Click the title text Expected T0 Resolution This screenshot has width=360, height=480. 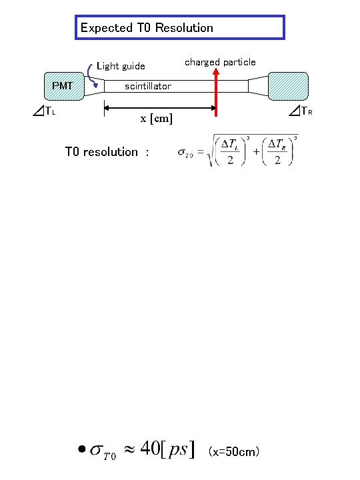[147, 28]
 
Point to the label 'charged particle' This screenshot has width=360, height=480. [220, 62]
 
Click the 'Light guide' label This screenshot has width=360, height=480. [121, 66]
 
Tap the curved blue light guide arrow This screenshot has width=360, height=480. [92, 73]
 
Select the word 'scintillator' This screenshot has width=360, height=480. [147, 86]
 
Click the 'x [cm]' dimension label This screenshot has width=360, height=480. [156, 119]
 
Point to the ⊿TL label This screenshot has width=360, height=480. [43, 111]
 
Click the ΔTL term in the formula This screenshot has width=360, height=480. [229, 146]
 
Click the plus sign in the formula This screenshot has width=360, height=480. [256, 153]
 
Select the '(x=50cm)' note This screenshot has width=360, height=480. [234, 452]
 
